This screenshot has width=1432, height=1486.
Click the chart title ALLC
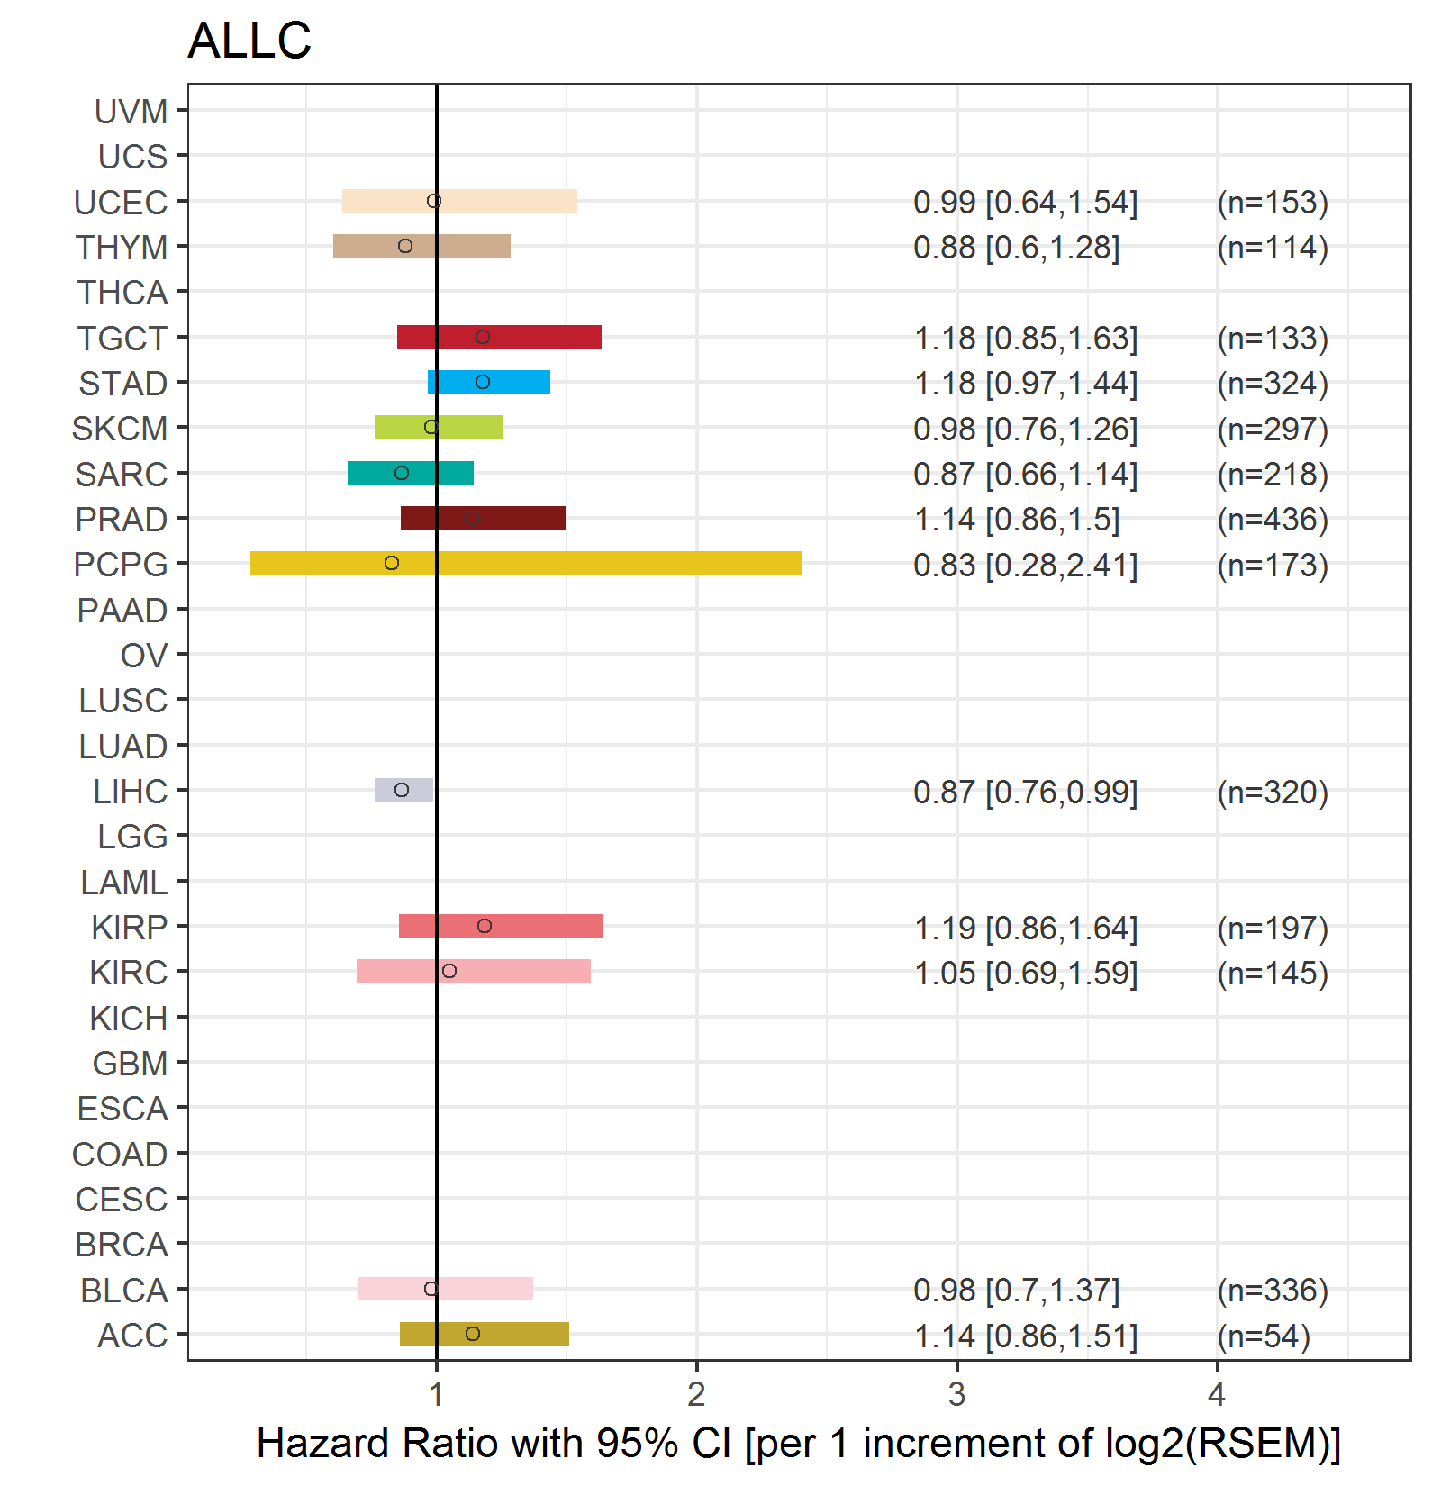[249, 41]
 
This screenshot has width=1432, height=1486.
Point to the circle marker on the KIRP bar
[485, 926]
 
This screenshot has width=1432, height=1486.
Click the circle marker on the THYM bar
[405, 246]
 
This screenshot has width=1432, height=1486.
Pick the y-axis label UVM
[131, 112]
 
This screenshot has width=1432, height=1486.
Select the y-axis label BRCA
[122, 1245]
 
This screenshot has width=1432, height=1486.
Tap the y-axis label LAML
[123, 883]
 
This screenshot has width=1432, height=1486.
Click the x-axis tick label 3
[956, 1394]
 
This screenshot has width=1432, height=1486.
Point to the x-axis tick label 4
[1217, 1394]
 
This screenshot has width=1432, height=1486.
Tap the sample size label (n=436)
[1273, 520]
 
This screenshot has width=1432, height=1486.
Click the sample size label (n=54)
[1264, 1336]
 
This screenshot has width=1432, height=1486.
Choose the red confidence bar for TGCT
[540, 337]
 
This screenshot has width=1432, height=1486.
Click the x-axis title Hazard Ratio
[798, 1443]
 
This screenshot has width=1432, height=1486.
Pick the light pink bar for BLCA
[486, 1289]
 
